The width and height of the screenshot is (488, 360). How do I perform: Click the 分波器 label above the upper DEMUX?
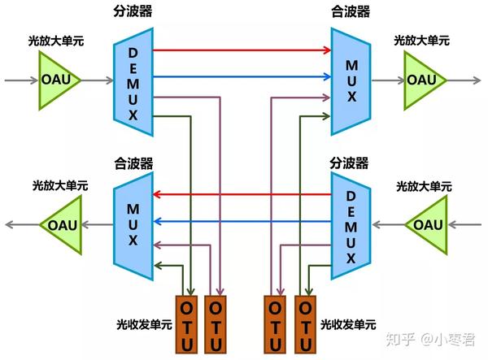(x=133, y=12)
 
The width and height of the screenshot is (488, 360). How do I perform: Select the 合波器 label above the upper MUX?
(x=349, y=12)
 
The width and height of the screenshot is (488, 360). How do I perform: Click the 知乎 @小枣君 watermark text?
(x=435, y=340)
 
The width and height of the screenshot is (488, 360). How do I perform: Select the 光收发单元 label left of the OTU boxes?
(x=144, y=324)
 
